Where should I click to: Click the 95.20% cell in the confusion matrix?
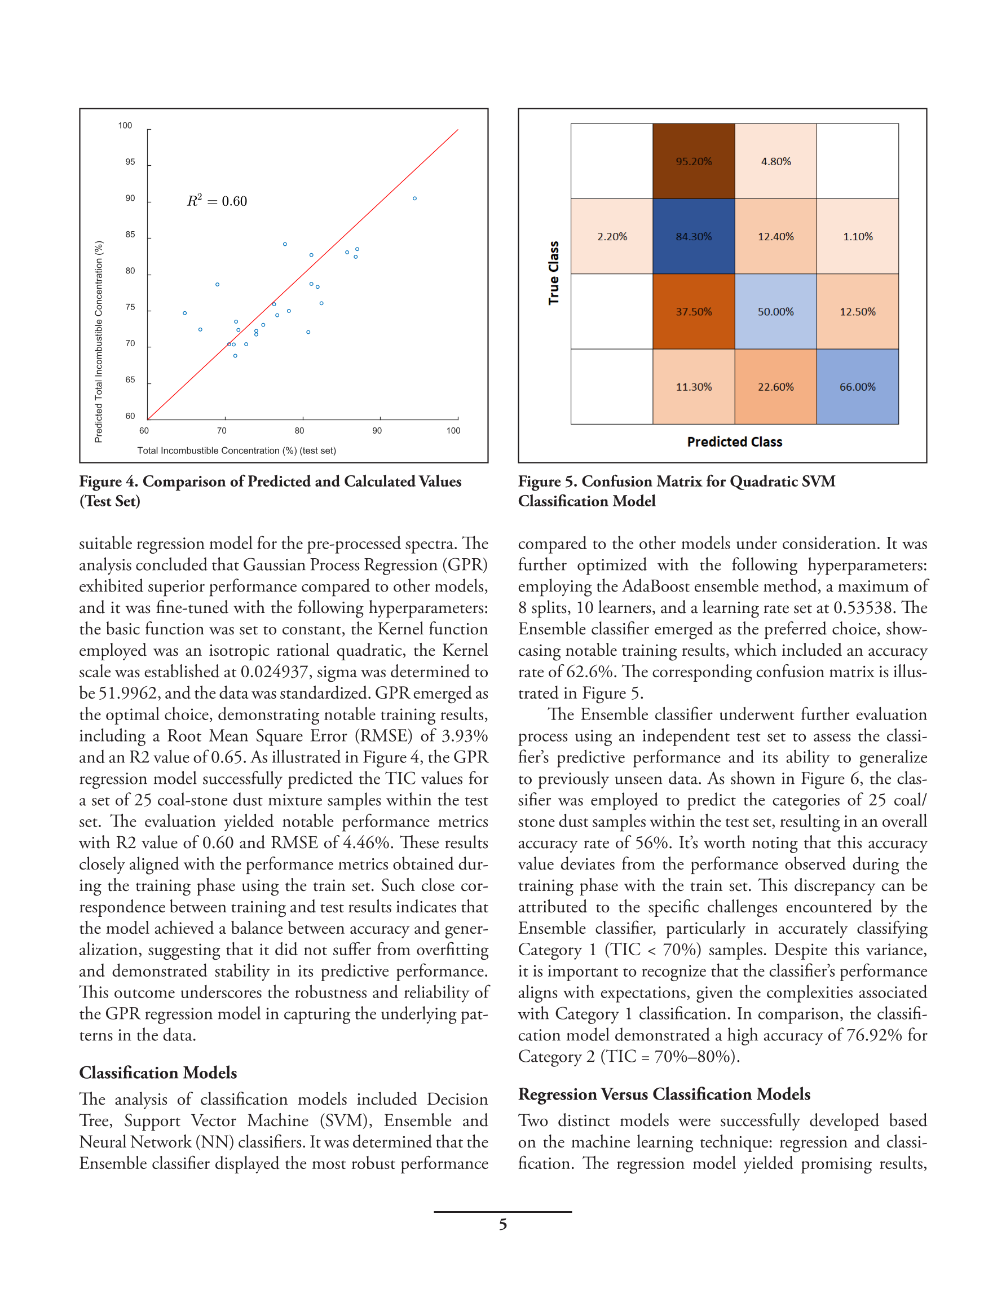coord(693,162)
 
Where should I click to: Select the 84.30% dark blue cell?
coord(693,237)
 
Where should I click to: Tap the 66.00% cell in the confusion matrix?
coord(857,387)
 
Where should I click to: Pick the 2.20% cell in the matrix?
coord(612,237)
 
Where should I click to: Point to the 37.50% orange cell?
coord(693,312)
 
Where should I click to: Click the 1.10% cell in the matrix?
coord(857,237)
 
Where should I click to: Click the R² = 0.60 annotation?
coord(217,201)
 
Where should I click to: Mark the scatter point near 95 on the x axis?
coord(414,198)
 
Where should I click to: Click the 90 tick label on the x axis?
coord(377,430)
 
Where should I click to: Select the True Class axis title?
coord(553,273)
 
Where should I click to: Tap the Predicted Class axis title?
coord(734,442)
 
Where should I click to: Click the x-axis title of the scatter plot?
coord(236,451)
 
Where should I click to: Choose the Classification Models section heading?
coord(158,1073)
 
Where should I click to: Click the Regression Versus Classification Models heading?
coord(664,1094)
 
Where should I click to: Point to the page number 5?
coord(502,1225)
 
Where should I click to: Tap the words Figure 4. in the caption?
coord(108,481)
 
